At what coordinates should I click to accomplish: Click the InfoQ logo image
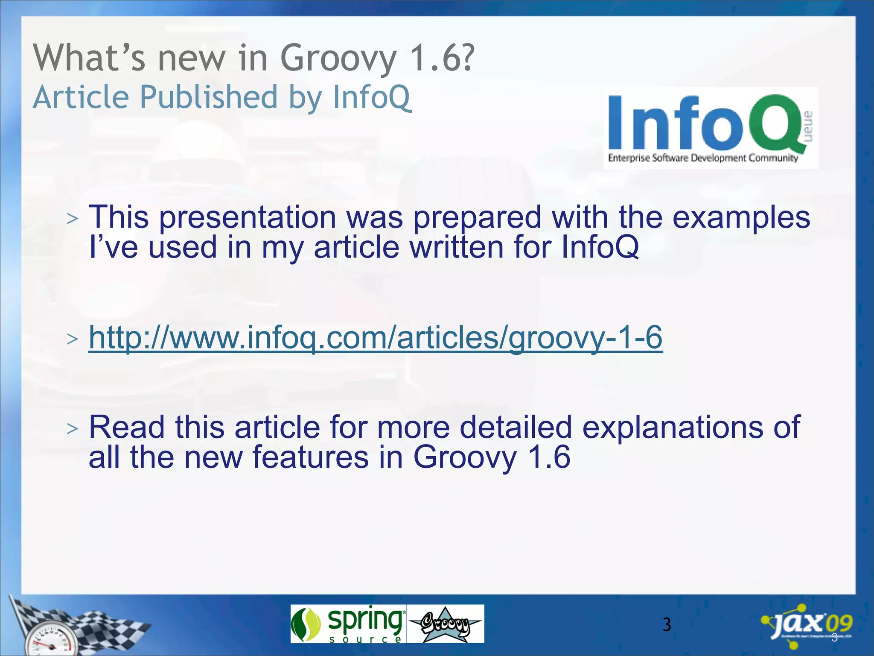pos(711,128)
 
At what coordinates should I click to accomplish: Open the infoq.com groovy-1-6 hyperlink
pos(376,338)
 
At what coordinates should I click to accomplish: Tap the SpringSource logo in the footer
pos(348,624)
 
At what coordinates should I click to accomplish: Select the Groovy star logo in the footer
pos(445,624)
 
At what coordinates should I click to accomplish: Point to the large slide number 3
pos(667,625)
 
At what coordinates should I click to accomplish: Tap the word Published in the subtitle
pos(209,97)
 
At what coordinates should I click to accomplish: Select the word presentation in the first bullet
pos(248,217)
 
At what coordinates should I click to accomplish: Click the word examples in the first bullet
pos(741,217)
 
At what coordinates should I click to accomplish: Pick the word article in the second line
pos(357,247)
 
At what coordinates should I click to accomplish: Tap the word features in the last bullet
pos(311,457)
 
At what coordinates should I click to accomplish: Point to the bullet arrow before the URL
pos(73,339)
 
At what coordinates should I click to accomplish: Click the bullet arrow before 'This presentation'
pos(73,219)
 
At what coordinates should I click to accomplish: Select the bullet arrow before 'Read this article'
pos(73,428)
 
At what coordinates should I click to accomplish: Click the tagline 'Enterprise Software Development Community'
pos(703,158)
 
